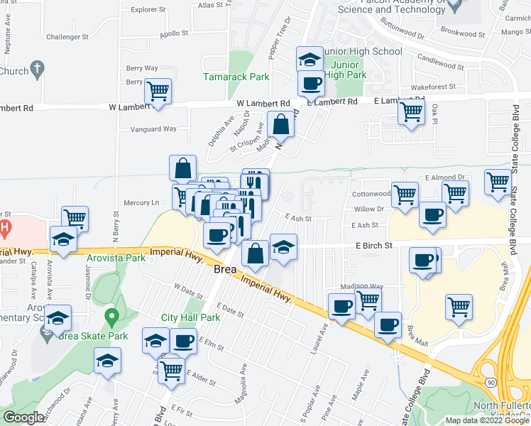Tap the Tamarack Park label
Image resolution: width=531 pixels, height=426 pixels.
point(226,76)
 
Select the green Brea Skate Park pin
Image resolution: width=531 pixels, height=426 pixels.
point(111,316)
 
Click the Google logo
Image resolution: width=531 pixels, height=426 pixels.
point(23,417)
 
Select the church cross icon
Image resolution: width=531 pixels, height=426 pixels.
point(38,68)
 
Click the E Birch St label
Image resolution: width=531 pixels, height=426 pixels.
point(373,246)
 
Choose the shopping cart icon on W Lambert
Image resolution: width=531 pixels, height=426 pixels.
point(158,92)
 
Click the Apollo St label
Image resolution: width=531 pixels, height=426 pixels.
point(175,33)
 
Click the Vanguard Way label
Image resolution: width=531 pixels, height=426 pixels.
point(153,129)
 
